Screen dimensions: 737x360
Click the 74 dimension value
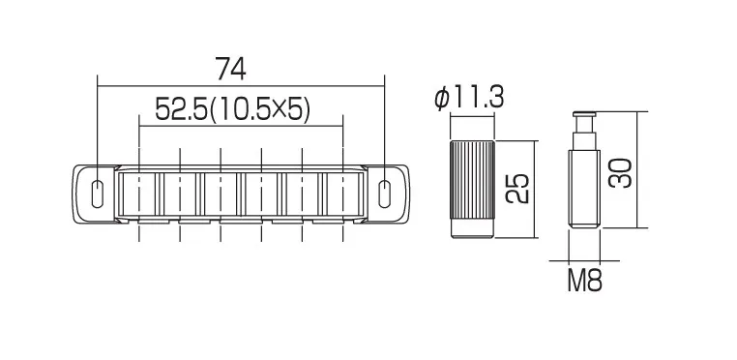click(x=230, y=69)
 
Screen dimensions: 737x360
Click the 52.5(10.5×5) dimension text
click(x=233, y=109)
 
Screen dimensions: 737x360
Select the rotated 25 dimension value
click(x=518, y=189)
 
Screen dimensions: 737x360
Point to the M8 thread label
click(x=584, y=281)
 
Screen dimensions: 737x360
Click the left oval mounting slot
click(x=97, y=194)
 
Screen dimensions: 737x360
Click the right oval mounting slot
click(x=385, y=194)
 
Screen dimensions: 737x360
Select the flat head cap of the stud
click(x=584, y=114)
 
